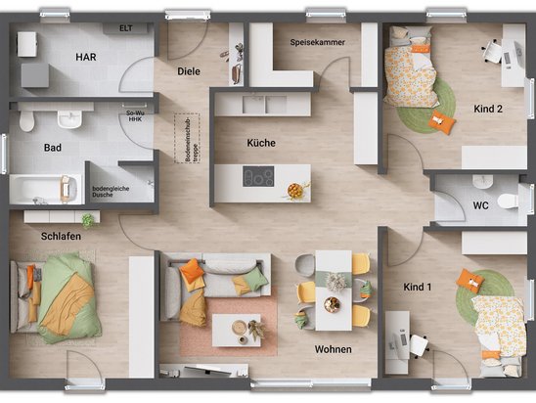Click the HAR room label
(x=85, y=58)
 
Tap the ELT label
(x=125, y=28)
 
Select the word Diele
(x=189, y=71)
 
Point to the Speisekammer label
(x=317, y=42)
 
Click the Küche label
(x=261, y=143)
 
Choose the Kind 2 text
(x=487, y=110)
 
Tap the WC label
(x=480, y=205)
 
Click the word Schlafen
(x=61, y=237)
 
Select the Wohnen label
(x=334, y=349)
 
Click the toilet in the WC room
(x=507, y=201)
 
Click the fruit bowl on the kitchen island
(x=293, y=189)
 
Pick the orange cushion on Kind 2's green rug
(x=445, y=123)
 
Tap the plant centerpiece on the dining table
(x=335, y=282)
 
